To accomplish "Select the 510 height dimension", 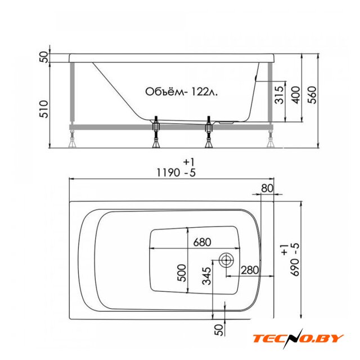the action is pos(44,109).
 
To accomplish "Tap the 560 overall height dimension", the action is pos(312,95).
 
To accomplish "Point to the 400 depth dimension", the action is pos(295,95).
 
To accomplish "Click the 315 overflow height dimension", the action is pos(279,95).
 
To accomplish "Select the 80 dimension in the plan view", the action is pos(267,188).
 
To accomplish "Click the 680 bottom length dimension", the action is pos(202,242).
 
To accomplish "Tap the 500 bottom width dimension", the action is pos(182,273).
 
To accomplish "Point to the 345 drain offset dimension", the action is pos(206,276).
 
